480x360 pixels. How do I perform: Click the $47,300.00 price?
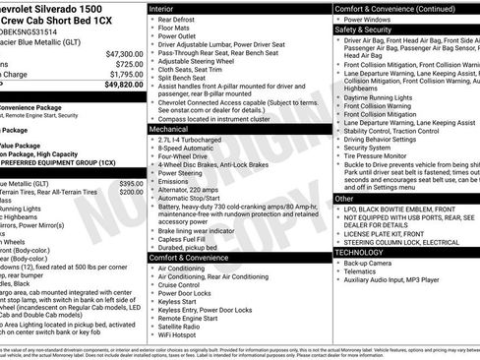125,53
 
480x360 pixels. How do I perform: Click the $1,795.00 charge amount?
126,74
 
